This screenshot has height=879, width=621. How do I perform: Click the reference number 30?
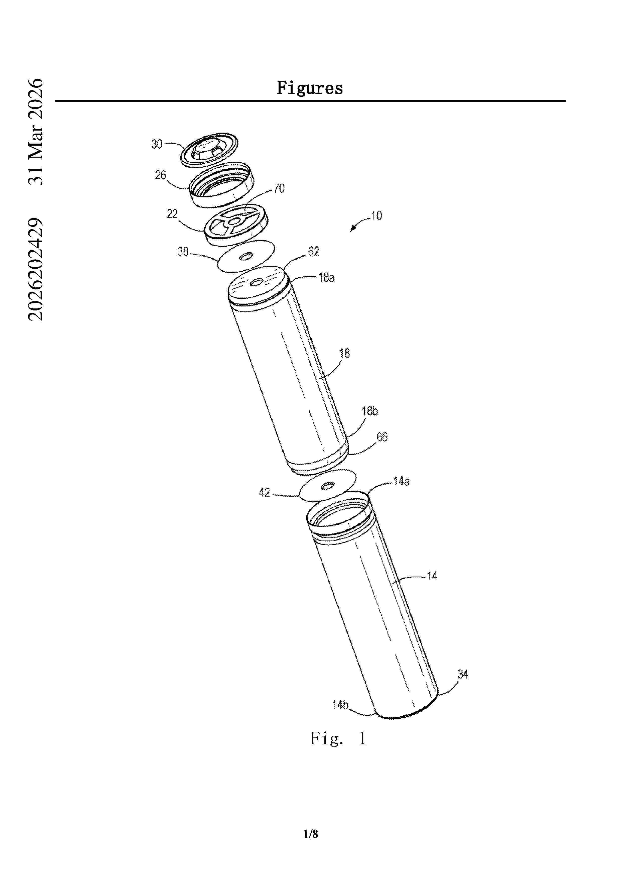click(157, 144)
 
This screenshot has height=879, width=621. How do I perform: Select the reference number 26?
click(160, 175)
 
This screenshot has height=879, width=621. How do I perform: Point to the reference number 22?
click(172, 214)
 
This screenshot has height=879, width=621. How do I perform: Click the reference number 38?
click(183, 252)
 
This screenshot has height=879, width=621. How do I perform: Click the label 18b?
click(369, 411)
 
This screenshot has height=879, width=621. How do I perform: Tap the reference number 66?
click(382, 437)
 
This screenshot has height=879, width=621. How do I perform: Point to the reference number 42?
click(264, 492)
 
